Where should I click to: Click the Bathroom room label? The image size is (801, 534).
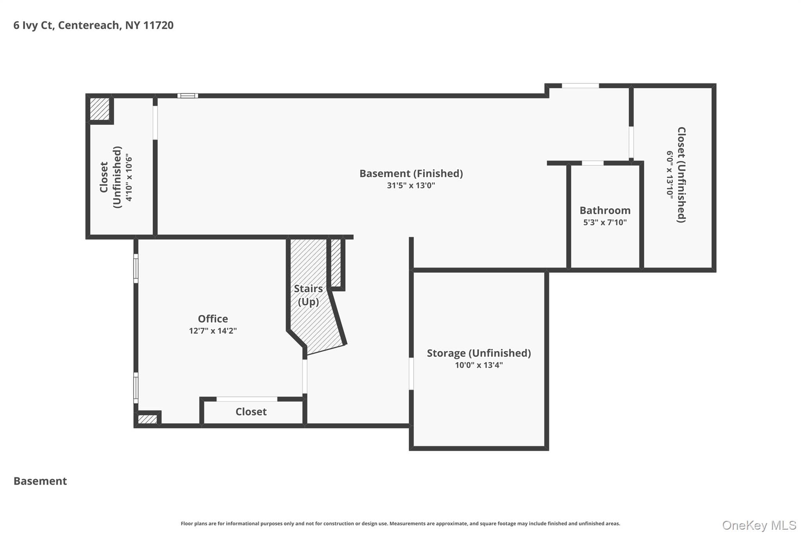pos(605,210)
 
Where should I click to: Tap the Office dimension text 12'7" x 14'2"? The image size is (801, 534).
pos(213,331)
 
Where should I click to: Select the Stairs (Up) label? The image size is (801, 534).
pos(309,295)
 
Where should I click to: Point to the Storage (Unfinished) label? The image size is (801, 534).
pos(479,353)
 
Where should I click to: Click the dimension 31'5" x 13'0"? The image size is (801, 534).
pos(411,185)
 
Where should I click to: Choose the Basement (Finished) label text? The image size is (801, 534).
pos(411,173)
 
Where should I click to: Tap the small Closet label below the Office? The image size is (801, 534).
pos(251,412)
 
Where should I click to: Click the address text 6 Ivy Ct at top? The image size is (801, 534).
pos(33,25)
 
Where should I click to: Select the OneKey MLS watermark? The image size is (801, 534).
pos(759,525)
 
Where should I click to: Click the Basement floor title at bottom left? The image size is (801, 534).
pos(40,481)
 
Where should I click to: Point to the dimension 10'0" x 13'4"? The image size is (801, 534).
pos(479,365)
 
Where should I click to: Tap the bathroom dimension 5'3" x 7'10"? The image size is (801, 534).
pos(605,223)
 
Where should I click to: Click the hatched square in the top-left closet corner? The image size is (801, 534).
pos(100,109)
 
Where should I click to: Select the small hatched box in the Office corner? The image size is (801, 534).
pos(147,419)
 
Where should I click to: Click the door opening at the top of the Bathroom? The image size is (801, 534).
pos(593,163)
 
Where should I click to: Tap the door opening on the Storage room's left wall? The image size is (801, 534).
pos(411,374)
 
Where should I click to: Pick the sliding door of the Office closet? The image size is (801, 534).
pos(247,399)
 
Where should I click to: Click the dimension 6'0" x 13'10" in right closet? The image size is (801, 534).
pos(670,174)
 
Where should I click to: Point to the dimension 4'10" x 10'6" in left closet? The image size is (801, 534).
pos(129,177)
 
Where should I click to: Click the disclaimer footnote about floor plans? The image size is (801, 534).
pos(400,523)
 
